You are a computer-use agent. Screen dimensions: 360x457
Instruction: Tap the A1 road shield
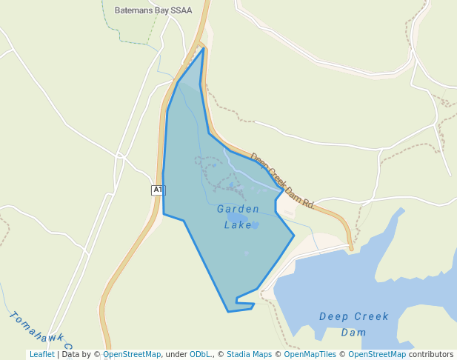[157, 190]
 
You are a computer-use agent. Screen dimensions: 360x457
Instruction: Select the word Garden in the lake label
[238, 209]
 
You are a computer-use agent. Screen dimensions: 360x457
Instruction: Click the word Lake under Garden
[238, 224]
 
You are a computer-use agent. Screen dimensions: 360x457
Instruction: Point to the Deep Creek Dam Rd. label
[282, 181]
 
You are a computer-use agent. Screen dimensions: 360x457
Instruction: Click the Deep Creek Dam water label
[354, 324]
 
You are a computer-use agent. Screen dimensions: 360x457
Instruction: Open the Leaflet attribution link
[42, 355]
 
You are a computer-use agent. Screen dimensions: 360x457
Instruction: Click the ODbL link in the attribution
[201, 355]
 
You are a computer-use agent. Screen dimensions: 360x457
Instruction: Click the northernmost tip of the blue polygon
[203, 48]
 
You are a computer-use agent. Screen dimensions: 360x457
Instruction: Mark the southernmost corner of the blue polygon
[228, 311]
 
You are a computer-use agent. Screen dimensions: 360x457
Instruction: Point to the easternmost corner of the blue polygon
[294, 236]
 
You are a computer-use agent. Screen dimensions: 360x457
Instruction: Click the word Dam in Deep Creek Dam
[354, 333]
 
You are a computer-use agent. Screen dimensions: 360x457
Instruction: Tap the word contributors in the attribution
[431, 355]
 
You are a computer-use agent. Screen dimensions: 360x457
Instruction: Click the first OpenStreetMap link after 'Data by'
[132, 355]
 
